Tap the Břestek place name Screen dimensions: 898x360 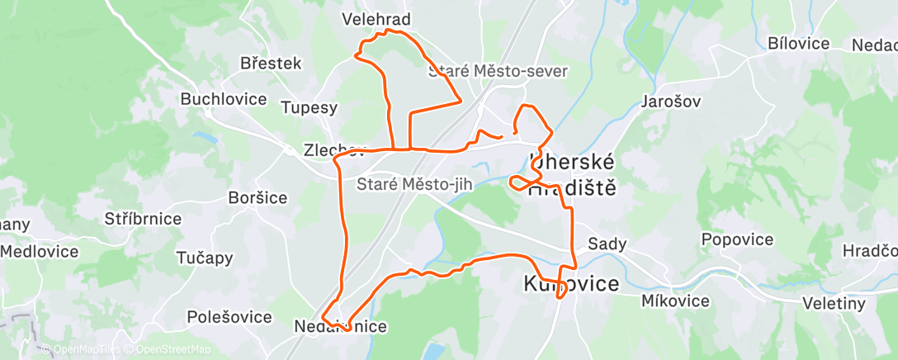pos(271,64)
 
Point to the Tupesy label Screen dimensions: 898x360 pos(309,107)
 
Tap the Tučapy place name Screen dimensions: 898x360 pos(204,258)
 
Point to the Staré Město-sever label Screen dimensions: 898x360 pos(498,72)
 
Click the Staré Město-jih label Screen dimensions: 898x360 pos(414,184)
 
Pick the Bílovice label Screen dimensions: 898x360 pos(798,44)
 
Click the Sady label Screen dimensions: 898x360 pos(607,244)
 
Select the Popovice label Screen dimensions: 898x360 pos(737,240)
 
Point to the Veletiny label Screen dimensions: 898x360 pos(835,304)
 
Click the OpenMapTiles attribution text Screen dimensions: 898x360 pos(80,350)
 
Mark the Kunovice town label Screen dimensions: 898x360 pos(571,285)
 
